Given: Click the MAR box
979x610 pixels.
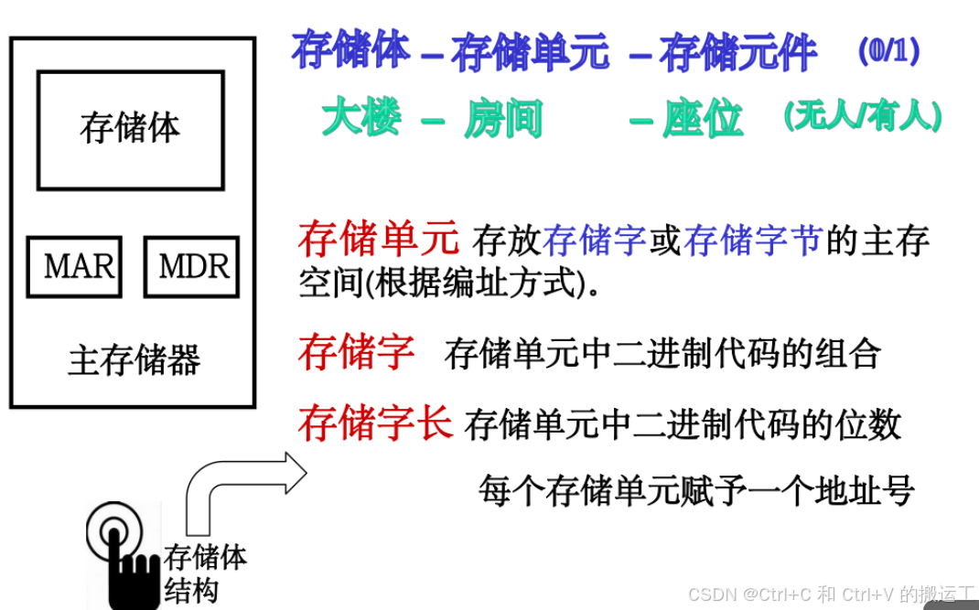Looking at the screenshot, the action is pos(74,267).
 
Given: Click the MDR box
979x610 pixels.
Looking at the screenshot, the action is pos(191,267).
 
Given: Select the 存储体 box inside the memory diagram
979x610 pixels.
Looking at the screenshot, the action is pos(130,130).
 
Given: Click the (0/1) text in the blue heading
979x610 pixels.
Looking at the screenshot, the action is pos(888,50).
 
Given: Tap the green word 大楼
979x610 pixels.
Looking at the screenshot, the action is pos(361,118).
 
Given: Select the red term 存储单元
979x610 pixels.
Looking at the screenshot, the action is pos(378,239).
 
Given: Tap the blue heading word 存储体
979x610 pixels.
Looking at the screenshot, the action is pos(350,51).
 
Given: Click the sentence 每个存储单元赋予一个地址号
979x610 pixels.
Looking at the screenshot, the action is pos(696,491).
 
